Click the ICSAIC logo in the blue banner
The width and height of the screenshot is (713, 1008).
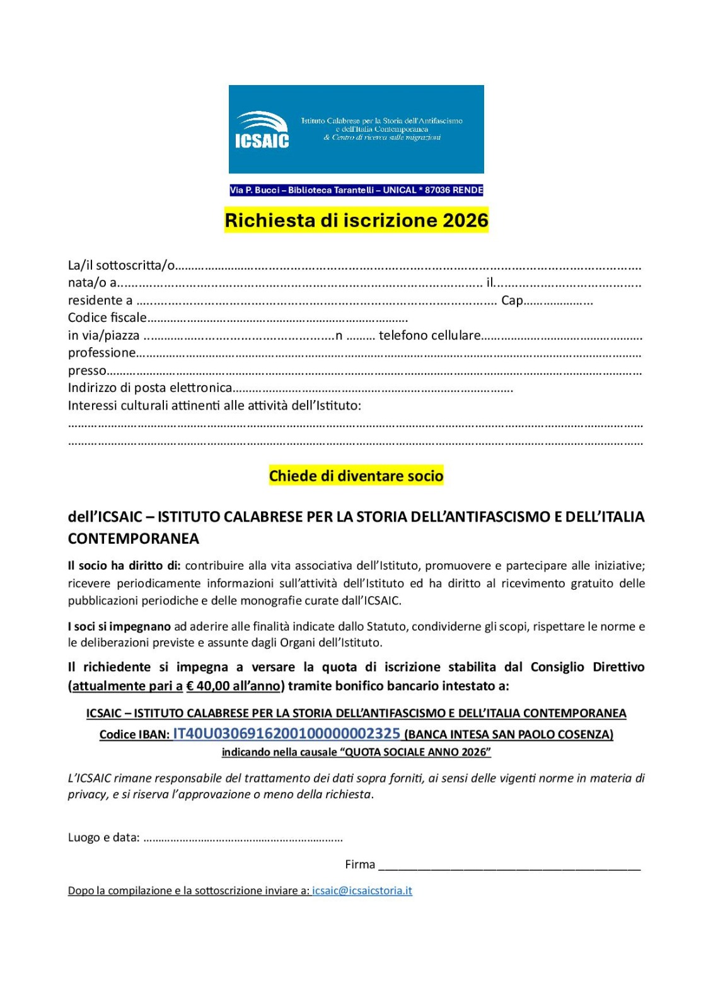click(x=262, y=130)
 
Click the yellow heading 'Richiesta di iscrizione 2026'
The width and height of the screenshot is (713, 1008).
click(x=356, y=220)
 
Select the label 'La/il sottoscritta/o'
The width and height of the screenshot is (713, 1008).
click(x=121, y=265)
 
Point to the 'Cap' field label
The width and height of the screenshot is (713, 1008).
click(x=512, y=301)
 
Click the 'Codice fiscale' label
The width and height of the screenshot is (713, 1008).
click(x=107, y=318)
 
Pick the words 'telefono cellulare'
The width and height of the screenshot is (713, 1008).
click(x=429, y=335)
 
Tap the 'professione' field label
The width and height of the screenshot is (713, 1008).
click(x=101, y=353)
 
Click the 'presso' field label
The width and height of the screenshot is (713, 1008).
click(x=87, y=370)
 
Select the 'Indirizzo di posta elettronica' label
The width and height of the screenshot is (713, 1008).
click(x=150, y=387)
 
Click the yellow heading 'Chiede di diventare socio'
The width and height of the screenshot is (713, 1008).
click(x=356, y=476)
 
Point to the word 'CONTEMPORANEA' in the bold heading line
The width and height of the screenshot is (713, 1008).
click(x=134, y=539)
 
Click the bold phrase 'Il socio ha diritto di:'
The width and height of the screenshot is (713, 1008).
click(x=124, y=566)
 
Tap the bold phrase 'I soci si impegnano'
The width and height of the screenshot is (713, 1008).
click(x=119, y=626)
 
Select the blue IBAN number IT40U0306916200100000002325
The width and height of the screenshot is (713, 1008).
click(x=287, y=733)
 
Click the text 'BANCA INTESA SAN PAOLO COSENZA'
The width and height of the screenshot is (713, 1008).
click(x=509, y=735)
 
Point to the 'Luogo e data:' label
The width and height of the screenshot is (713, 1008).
click(x=104, y=837)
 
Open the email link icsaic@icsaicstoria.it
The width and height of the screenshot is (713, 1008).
click(x=362, y=890)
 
